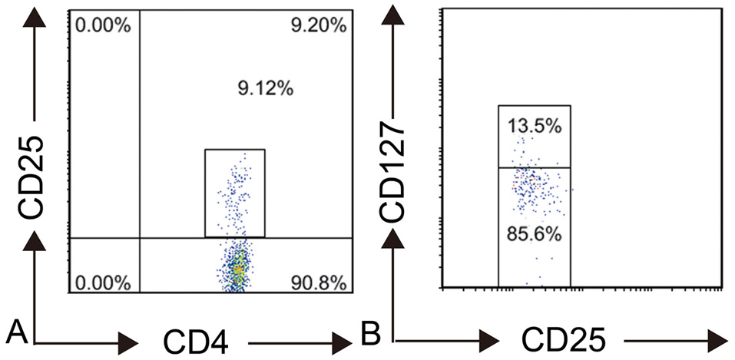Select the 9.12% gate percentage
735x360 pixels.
(x=266, y=90)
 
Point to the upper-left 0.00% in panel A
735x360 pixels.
(x=103, y=26)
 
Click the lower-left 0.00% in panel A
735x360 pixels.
(x=103, y=282)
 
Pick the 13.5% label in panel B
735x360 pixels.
(x=534, y=125)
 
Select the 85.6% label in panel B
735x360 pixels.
(x=534, y=234)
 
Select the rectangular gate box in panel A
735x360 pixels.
(x=235, y=192)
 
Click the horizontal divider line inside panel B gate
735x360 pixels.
(x=534, y=167)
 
